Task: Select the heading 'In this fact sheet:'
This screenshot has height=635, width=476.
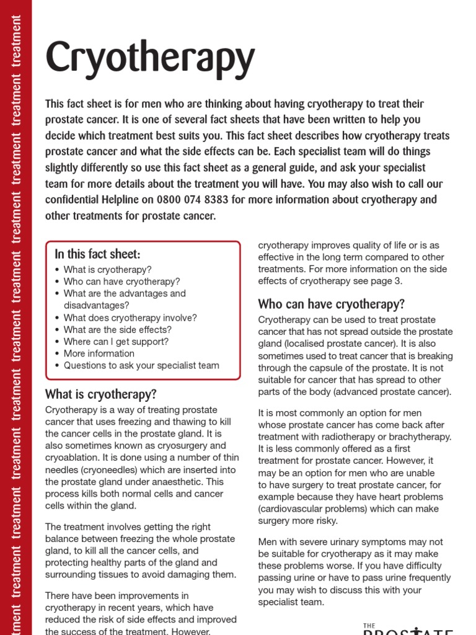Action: pyautogui.click(x=98, y=254)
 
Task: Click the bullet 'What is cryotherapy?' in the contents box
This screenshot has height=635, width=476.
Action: pyautogui.click(x=107, y=270)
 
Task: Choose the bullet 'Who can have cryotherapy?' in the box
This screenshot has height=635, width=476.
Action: pyautogui.click(x=121, y=282)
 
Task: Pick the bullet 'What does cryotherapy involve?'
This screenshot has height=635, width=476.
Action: pyautogui.click(x=130, y=317)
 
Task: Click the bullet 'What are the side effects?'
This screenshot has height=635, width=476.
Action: pyautogui.click(x=118, y=330)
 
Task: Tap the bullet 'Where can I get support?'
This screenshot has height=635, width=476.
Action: pyautogui.click(x=116, y=342)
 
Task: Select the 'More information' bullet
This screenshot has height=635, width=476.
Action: pyautogui.click(x=99, y=353)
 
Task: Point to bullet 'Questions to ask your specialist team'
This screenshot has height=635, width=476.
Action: pyautogui.click(x=141, y=365)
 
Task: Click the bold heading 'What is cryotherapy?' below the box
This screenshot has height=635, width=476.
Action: pyautogui.click(x=101, y=394)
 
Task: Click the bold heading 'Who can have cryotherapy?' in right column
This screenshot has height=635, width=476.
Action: pyautogui.click(x=331, y=304)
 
